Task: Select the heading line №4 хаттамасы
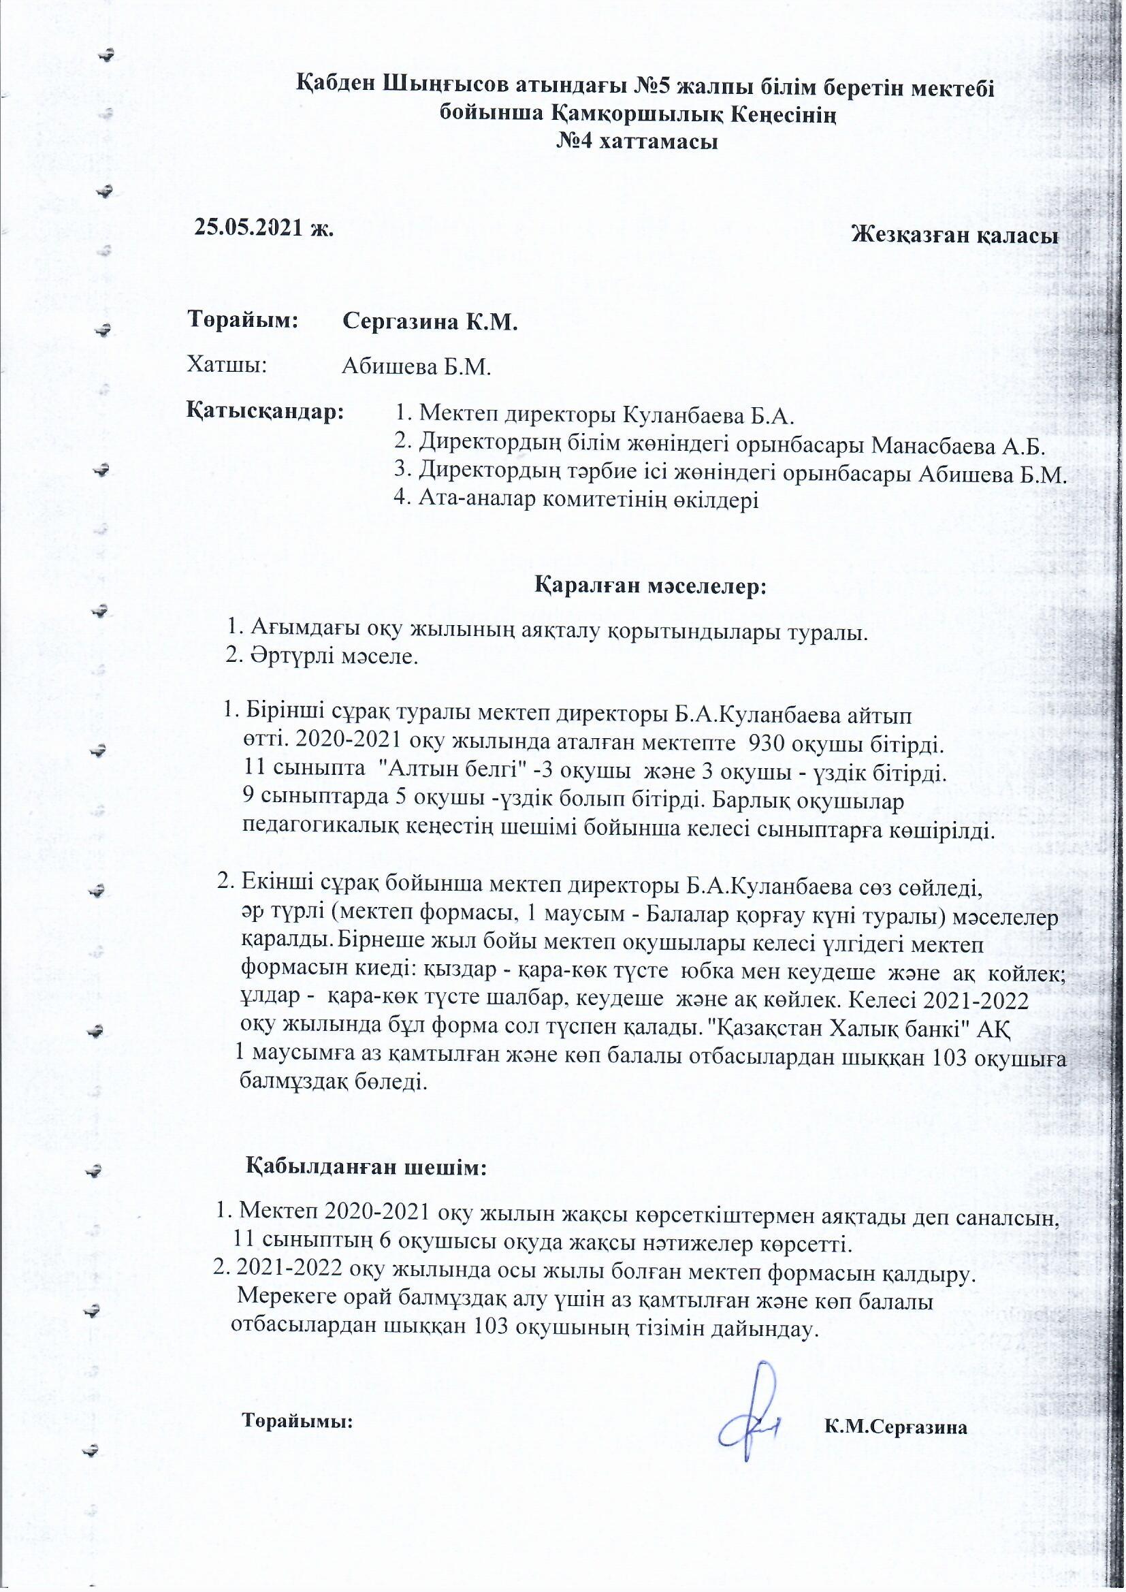coord(637,142)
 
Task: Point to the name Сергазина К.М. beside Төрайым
coord(430,323)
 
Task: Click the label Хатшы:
coord(227,364)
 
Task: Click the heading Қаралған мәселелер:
coord(650,586)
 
